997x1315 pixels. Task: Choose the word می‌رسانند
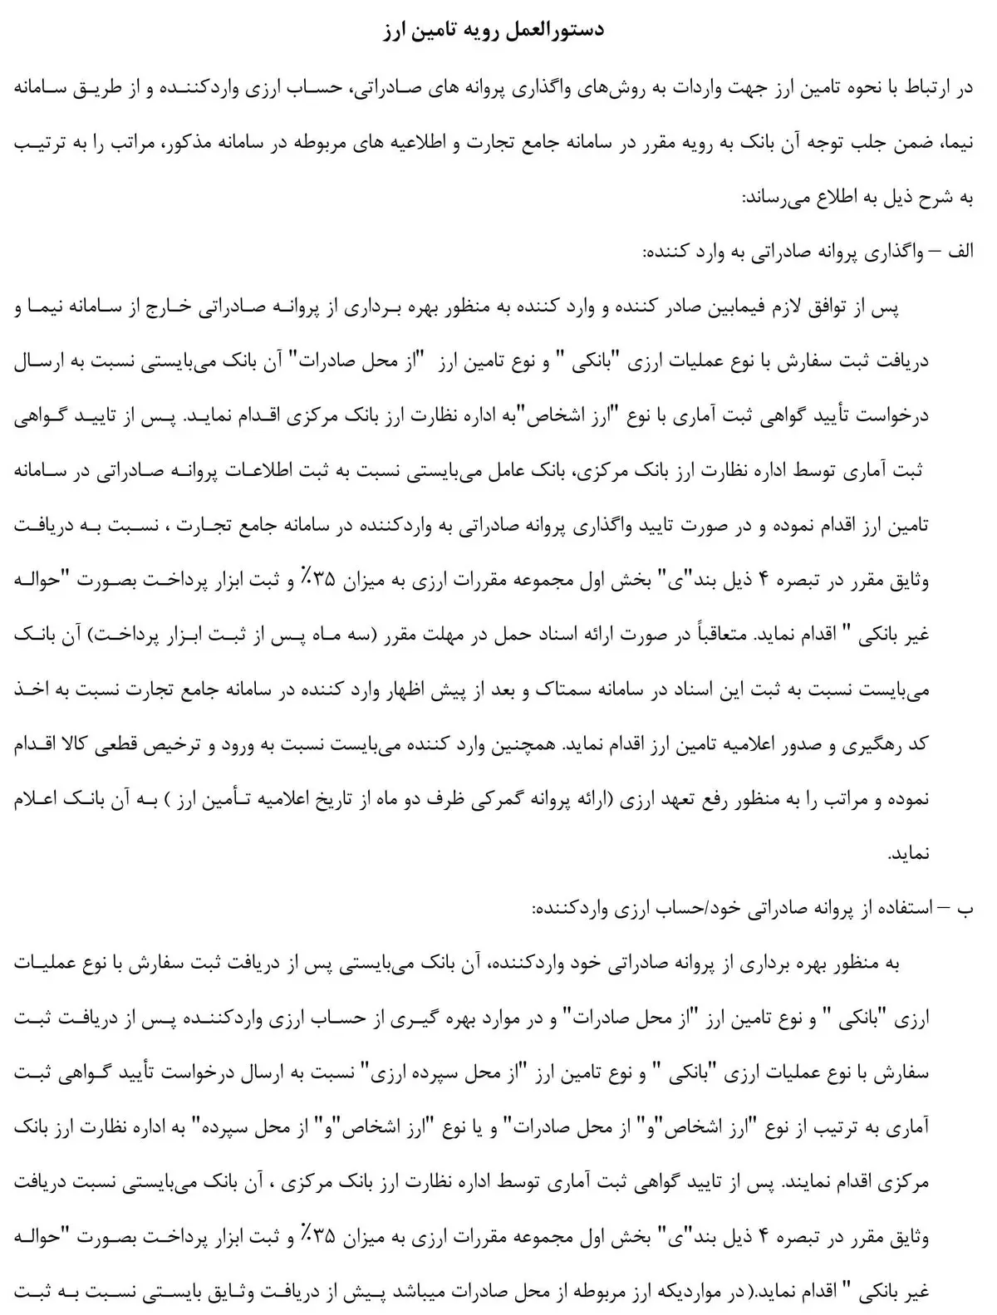779,199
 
